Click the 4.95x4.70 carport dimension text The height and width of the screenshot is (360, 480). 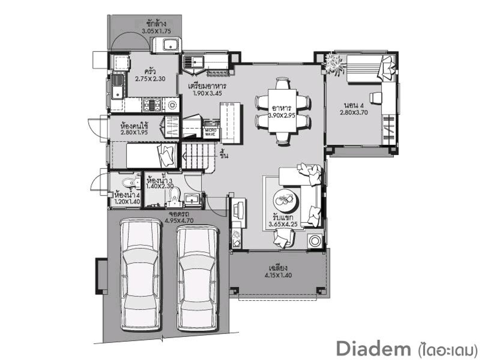coord(179,220)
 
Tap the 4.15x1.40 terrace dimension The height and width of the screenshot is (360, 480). coord(278,275)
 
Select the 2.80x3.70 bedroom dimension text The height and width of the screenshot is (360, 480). coord(354,112)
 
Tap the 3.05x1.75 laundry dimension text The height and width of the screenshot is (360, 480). coord(156,31)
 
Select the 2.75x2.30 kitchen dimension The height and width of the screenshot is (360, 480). coord(150,79)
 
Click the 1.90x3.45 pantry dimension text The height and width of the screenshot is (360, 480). coord(207,93)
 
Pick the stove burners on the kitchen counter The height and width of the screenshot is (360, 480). coord(152,104)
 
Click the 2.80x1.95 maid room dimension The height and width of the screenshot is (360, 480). coord(134,132)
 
